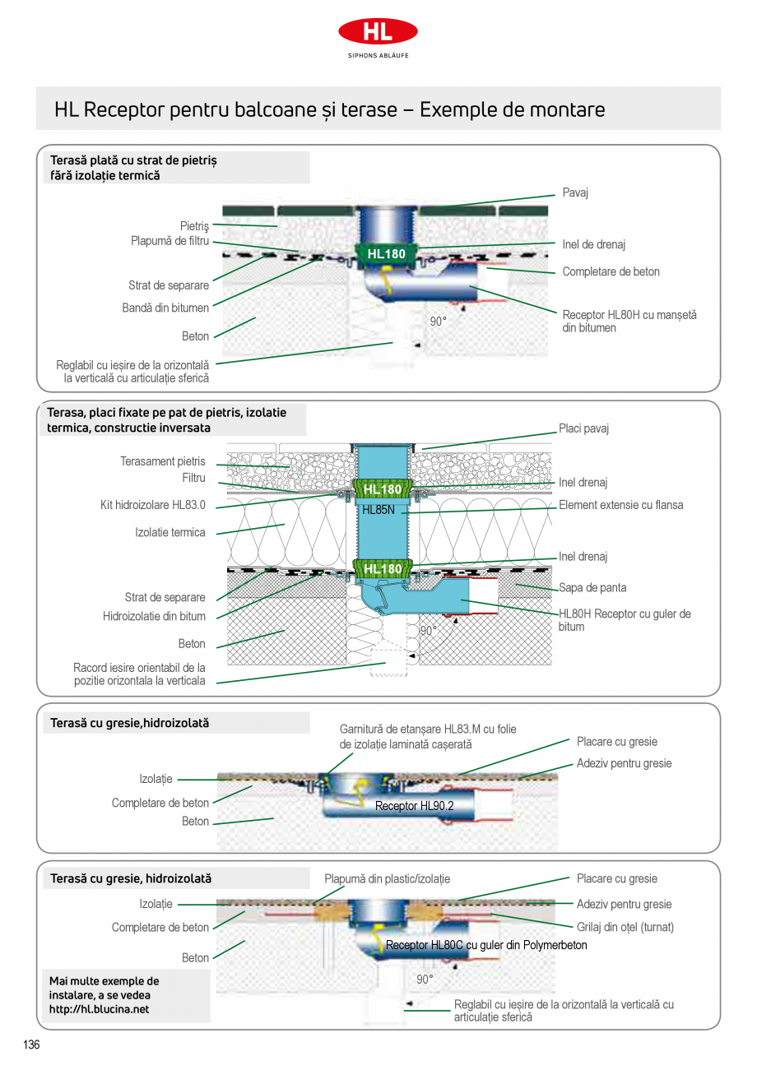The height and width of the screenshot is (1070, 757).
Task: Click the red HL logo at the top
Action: [378, 32]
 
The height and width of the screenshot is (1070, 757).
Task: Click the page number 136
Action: [31, 1045]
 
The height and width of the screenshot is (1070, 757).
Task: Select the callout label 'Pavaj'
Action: [575, 192]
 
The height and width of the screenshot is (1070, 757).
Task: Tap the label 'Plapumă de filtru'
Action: [170, 241]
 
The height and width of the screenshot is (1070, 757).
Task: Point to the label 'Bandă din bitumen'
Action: [165, 308]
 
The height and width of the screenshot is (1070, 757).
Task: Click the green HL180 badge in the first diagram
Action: [386, 254]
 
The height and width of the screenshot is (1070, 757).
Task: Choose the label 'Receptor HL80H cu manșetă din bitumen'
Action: [629, 321]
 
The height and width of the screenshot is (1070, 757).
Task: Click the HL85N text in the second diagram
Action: [379, 510]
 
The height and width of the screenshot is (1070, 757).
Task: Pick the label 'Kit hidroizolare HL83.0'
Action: [153, 505]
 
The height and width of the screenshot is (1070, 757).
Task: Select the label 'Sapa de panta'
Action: [592, 587]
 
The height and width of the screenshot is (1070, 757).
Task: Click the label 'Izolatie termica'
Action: [170, 532]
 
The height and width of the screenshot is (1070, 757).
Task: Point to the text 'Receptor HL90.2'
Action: [414, 806]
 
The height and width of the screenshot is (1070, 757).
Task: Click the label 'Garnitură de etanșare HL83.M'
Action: [428, 729]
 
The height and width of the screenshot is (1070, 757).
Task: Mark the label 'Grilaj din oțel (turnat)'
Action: [625, 927]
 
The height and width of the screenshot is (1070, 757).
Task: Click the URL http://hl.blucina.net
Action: [100, 1009]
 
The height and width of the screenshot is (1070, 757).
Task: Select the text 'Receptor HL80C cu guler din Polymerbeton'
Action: [486, 946]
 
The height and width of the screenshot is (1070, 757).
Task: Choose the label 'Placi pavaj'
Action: [583, 428]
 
